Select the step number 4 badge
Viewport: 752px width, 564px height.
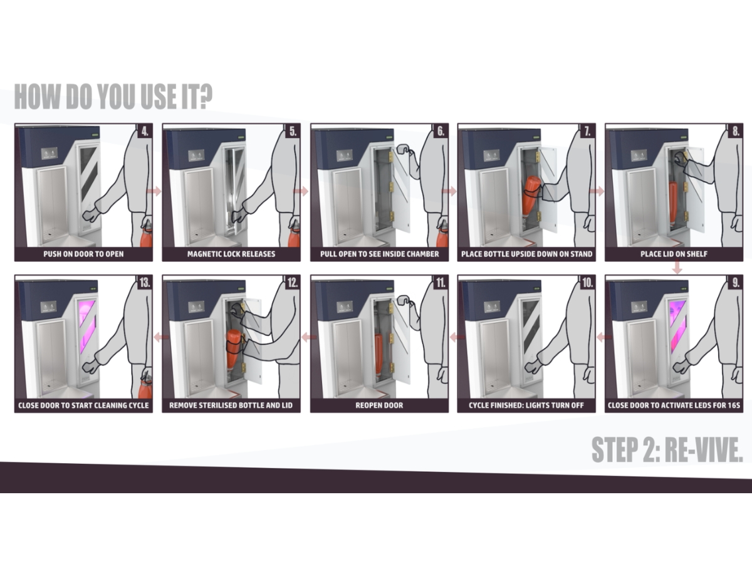click(145, 132)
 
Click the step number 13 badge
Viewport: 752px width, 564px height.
click(145, 283)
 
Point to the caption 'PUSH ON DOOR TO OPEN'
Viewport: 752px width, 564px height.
click(83, 254)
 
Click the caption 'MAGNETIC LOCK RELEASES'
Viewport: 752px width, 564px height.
click(231, 254)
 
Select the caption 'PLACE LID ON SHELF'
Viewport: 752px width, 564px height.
click(674, 254)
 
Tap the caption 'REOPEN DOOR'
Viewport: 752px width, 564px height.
click(379, 405)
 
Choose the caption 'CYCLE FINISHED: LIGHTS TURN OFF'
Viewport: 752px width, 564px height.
click(526, 405)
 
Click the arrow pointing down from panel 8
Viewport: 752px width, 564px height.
click(677, 268)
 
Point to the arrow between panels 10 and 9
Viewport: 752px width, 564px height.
click(600, 338)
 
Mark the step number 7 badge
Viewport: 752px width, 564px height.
click(587, 132)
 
